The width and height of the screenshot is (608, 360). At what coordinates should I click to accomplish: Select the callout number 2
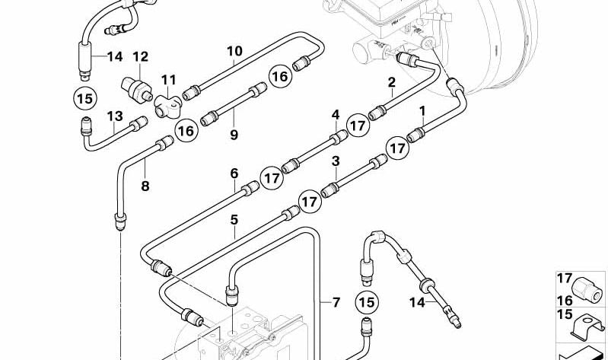[x=391, y=82]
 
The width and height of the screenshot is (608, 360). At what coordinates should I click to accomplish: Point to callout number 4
[x=335, y=115]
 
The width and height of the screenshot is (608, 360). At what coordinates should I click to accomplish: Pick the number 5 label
[x=234, y=220]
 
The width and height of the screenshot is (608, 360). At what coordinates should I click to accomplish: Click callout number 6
[x=234, y=174]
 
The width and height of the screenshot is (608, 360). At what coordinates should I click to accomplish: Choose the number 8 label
[x=145, y=186]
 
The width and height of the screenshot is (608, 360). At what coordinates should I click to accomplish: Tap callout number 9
[x=234, y=135]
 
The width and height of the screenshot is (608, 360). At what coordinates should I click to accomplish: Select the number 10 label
[x=234, y=51]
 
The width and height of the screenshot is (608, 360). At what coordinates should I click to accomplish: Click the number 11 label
[x=167, y=79]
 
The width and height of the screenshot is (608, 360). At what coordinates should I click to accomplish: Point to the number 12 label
[x=140, y=56]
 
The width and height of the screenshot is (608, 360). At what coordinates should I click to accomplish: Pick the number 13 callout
[x=114, y=116]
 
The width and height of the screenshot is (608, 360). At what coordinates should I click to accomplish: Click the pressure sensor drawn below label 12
[x=135, y=88]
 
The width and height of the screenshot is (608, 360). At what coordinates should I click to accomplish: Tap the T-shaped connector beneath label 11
[x=166, y=105]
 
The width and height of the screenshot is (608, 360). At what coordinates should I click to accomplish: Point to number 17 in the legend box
[x=564, y=279]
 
